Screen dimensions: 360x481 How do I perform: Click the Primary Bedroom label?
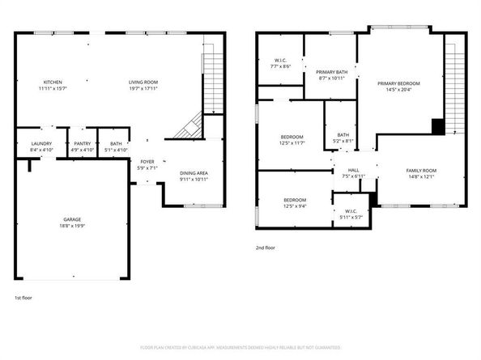(x=398, y=83)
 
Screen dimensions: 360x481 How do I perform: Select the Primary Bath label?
(x=331, y=72)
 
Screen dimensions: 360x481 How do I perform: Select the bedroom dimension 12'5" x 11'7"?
(x=292, y=143)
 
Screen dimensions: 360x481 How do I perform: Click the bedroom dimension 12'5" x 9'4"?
(x=294, y=205)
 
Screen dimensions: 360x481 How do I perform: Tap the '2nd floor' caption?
(x=266, y=248)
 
